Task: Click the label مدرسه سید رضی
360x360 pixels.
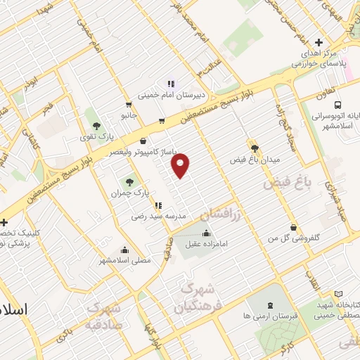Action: click(159, 217)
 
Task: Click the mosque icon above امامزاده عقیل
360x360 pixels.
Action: click(205, 234)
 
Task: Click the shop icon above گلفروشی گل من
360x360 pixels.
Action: click(294, 227)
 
